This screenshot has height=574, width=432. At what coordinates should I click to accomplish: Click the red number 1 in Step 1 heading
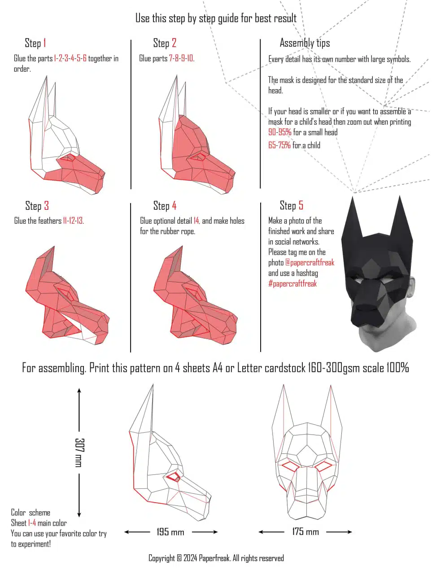coord(45,43)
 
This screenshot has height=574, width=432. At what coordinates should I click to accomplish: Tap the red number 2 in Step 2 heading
coord(174,43)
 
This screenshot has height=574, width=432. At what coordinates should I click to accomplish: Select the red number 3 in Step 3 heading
coord(46,206)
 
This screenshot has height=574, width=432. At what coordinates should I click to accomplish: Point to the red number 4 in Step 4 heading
coord(174,206)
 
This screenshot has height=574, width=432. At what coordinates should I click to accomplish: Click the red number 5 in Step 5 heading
coord(301,205)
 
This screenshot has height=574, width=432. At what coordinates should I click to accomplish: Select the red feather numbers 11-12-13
coord(73,221)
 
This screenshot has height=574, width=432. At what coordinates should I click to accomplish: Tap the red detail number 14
coord(196,221)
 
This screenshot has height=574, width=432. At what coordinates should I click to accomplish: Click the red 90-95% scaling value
coord(280,132)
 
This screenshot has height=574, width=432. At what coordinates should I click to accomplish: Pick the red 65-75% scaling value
coord(279,145)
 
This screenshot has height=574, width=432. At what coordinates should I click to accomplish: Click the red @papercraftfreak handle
coord(310,262)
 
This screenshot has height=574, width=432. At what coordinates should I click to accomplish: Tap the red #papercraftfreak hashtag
coord(292,283)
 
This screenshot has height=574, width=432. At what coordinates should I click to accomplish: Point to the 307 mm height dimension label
coord(79,452)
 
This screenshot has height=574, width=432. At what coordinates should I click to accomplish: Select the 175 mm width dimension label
coord(305,532)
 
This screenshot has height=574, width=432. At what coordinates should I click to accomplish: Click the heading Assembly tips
coord(305,43)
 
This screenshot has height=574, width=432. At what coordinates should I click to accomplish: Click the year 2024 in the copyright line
coord(190,558)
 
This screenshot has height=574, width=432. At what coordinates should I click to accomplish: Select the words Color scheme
coord(31,512)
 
